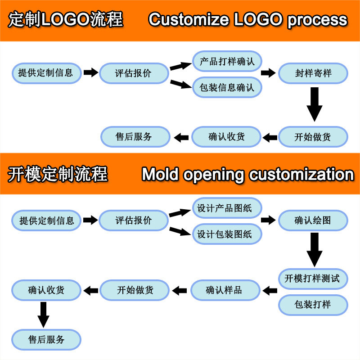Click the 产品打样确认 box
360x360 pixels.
tap(227, 61)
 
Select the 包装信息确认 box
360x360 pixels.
tap(227, 87)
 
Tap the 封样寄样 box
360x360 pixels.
tap(313, 73)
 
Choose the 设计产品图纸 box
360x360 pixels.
tap(227, 208)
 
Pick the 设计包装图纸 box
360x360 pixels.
tap(227, 234)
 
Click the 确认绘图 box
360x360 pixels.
tap(313, 220)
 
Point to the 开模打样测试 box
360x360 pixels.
tap(313, 279)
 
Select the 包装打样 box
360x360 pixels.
tap(313, 305)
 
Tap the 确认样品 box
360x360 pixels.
tap(225, 290)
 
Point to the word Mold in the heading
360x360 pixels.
tap(160, 174)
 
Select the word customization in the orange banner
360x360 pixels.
tap(301, 174)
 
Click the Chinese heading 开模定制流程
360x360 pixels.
tap(58, 174)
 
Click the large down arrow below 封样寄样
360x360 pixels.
tap(315, 103)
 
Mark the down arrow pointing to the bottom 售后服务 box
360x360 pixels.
tap(44, 314)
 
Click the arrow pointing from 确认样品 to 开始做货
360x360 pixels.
tap(180, 291)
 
